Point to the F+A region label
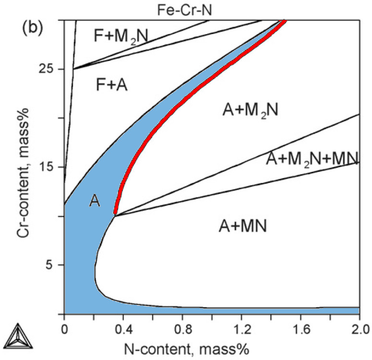(112, 84)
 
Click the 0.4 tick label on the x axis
(123, 330)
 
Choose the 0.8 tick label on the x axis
(182, 330)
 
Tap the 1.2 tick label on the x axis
(241, 330)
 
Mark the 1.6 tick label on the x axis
(300, 330)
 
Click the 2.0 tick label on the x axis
(359, 330)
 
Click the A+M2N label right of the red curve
(251, 110)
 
